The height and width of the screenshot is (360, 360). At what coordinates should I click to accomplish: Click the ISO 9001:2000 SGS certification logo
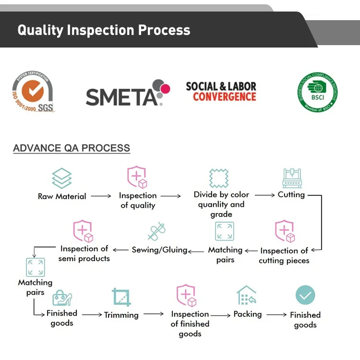(x=33, y=92)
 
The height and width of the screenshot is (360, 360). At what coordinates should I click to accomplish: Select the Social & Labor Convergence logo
(x=221, y=92)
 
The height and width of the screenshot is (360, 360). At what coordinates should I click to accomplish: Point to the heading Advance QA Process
(x=72, y=148)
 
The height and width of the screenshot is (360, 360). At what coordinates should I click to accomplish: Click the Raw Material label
(x=62, y=196)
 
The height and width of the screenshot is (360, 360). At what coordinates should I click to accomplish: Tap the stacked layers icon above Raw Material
(x=61, y=178)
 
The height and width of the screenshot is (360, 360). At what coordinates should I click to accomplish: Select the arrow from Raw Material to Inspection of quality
(x=101, y=196)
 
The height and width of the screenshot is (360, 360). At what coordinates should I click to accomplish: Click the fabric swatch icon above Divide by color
(x=219, y=178)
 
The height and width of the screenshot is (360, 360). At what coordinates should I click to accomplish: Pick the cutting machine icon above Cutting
(x=291, y=178)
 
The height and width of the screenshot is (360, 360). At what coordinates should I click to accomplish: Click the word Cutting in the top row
(x=291, y=194)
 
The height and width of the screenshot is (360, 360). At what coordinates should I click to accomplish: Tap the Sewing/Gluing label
(x=159, y=250)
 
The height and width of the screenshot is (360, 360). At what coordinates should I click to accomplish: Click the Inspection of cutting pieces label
(x=284, y=255)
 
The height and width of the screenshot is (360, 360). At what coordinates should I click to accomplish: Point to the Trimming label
(x=121, y=315)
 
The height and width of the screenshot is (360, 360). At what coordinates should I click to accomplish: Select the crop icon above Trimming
(x=121, y=297)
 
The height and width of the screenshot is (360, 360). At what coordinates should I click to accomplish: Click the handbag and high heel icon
(x=62, y=298)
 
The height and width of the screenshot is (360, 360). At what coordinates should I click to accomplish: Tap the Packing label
(x=247, y=314)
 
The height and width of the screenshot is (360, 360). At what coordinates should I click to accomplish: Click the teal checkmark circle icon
(x=305, y=296)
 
